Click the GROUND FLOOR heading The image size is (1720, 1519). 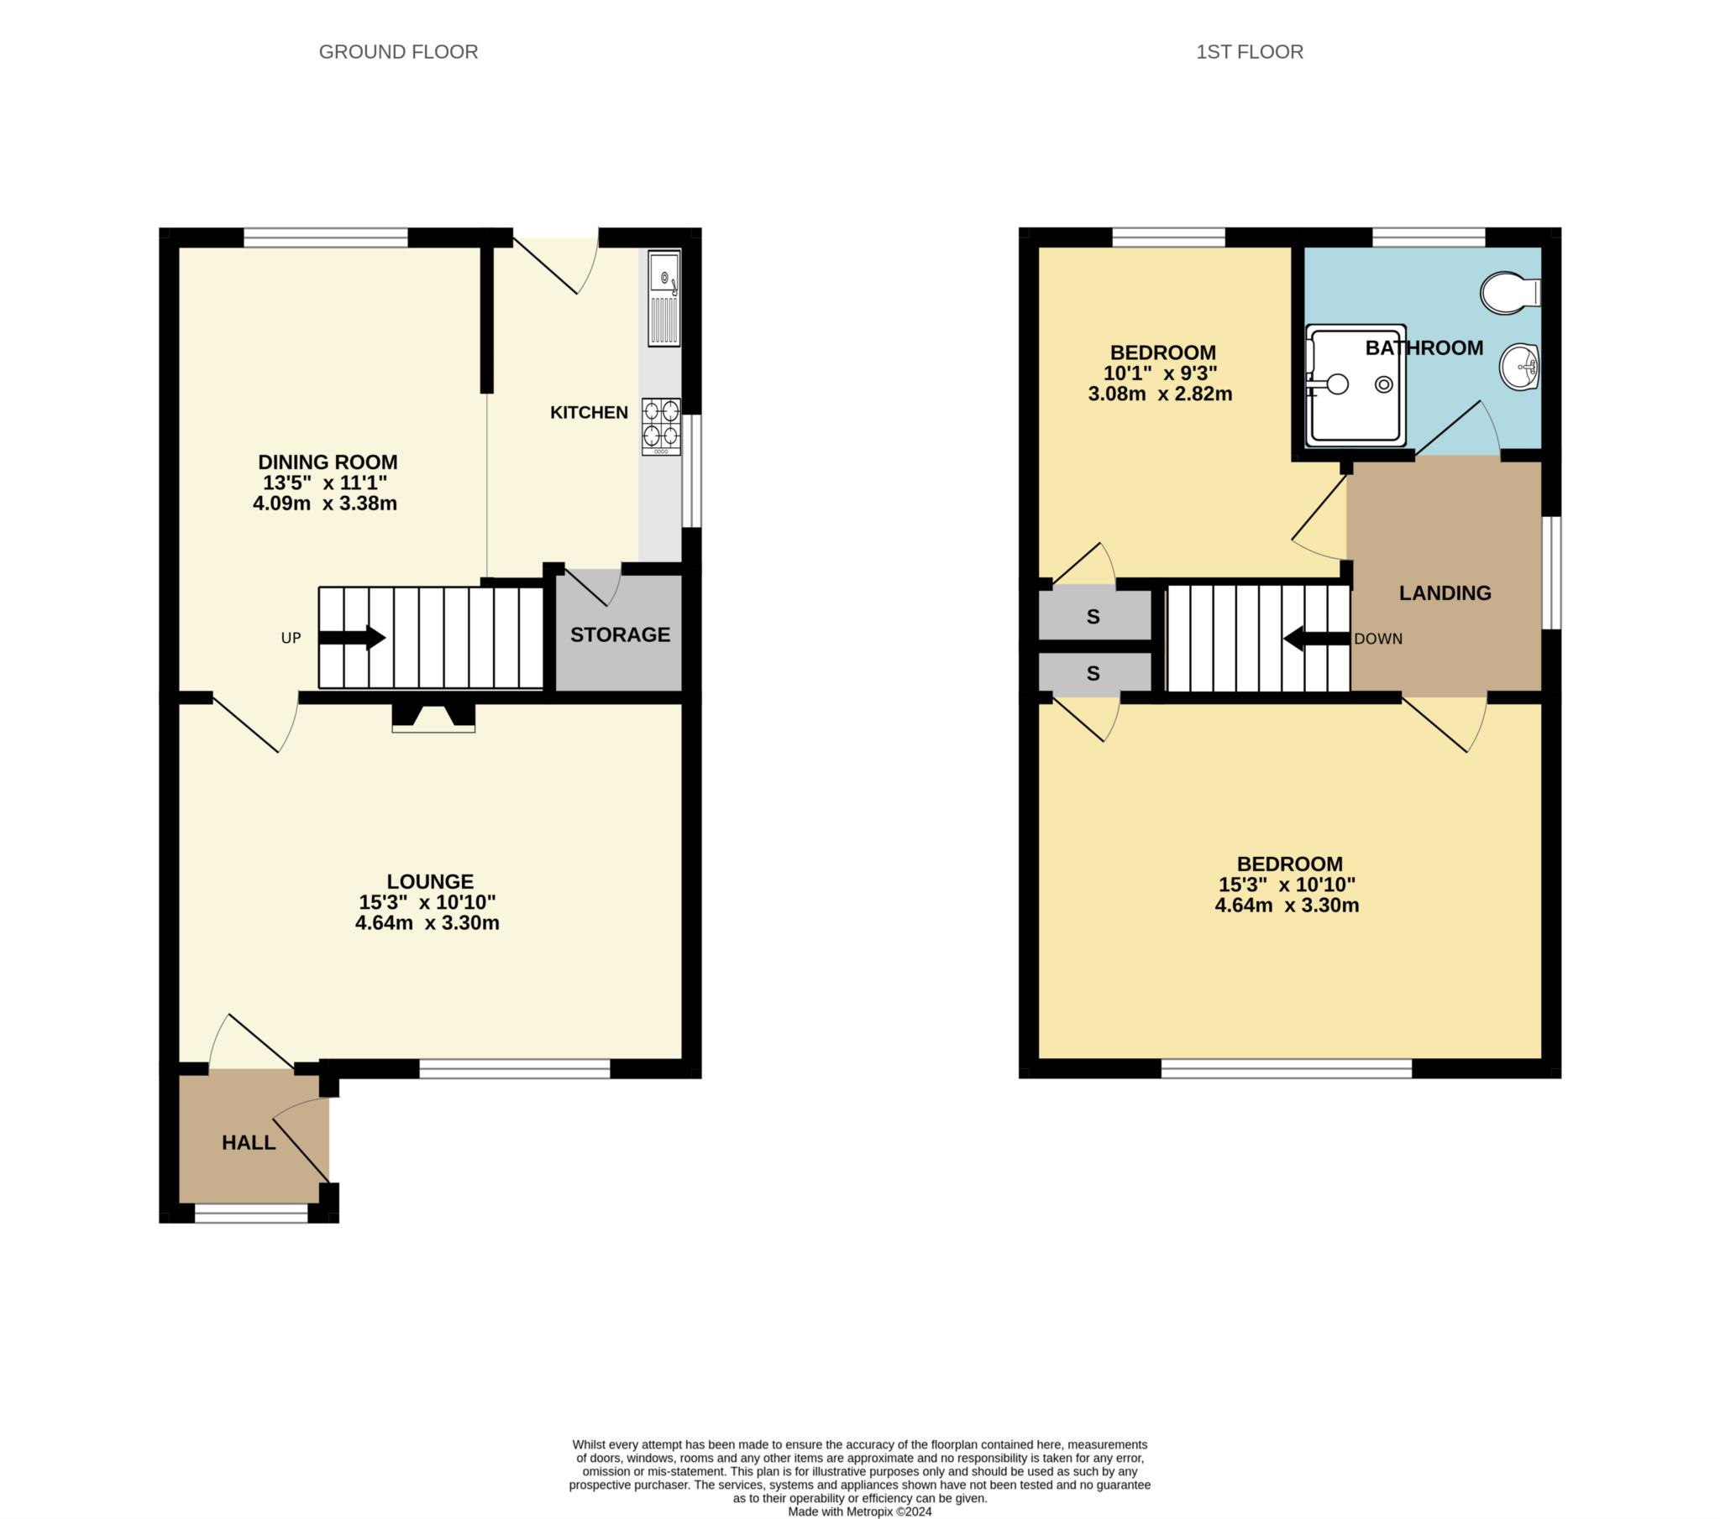point(398,52)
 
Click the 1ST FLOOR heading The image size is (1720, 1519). point(1249,52)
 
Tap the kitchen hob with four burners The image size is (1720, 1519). point(661,425)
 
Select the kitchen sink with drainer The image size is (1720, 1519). point(663,298)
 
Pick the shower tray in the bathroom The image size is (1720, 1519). point(1355,385)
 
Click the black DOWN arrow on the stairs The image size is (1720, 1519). point(1316,639)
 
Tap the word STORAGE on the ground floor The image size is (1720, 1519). point(620,635)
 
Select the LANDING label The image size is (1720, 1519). point(1445,593)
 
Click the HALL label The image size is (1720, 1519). point(249,1142)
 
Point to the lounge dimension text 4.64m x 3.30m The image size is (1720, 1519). point(427,922)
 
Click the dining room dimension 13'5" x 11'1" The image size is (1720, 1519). point(325,483)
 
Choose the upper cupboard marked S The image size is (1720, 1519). point(1093,617)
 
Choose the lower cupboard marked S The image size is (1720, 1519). point(1093,673)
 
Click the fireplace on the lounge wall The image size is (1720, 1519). point(433,717)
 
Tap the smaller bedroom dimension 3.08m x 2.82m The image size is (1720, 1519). point(1160,394)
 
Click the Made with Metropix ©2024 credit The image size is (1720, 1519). point(859,1511)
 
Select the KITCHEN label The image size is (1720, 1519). point(588,412)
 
